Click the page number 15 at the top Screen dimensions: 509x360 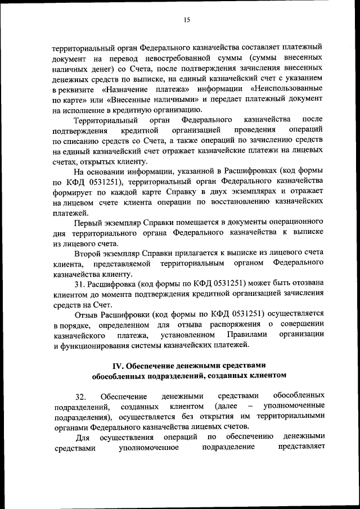[187, 21]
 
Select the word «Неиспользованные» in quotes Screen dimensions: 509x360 [290, 89]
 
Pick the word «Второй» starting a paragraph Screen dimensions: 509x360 [88, 254]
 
